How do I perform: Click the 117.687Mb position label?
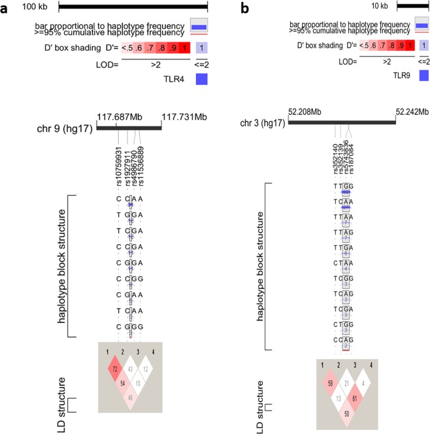tap(120, 116)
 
